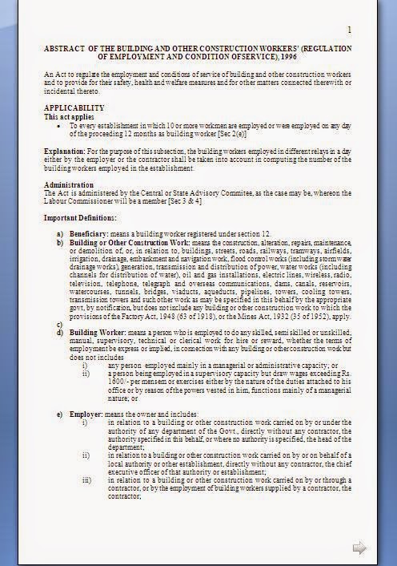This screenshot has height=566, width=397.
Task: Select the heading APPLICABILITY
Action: [74, 107]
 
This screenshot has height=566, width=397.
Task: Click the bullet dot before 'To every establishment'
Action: [61, 126]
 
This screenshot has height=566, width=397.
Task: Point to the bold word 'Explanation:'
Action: [64, 150]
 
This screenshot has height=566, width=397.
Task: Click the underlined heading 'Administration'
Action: [69, 184]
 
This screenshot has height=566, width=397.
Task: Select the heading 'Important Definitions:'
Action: [80, 218]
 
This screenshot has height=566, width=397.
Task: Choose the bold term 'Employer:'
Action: [86, 412]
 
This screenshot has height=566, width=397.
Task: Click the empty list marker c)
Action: [59, 322]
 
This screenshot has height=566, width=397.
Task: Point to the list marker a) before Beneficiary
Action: [60, 232]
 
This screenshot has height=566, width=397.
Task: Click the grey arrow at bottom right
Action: [359, 548]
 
